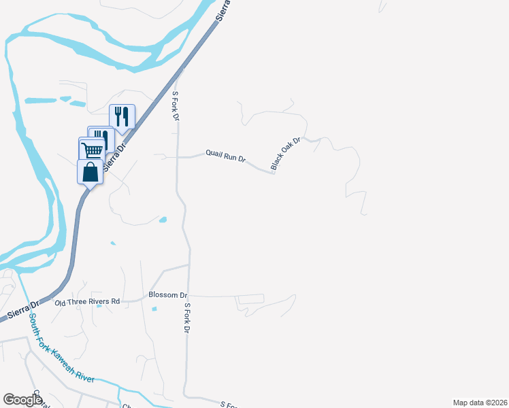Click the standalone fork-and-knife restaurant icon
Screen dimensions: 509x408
122,116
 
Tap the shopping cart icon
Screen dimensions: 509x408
92,150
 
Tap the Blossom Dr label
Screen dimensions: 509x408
167,295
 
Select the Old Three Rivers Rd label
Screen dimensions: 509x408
87,301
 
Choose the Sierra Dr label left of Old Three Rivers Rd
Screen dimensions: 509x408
21,311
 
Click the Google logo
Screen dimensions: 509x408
22,400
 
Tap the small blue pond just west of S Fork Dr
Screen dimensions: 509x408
163,220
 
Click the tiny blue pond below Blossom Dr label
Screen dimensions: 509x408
154,309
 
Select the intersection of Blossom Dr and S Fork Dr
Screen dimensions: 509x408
188,296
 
